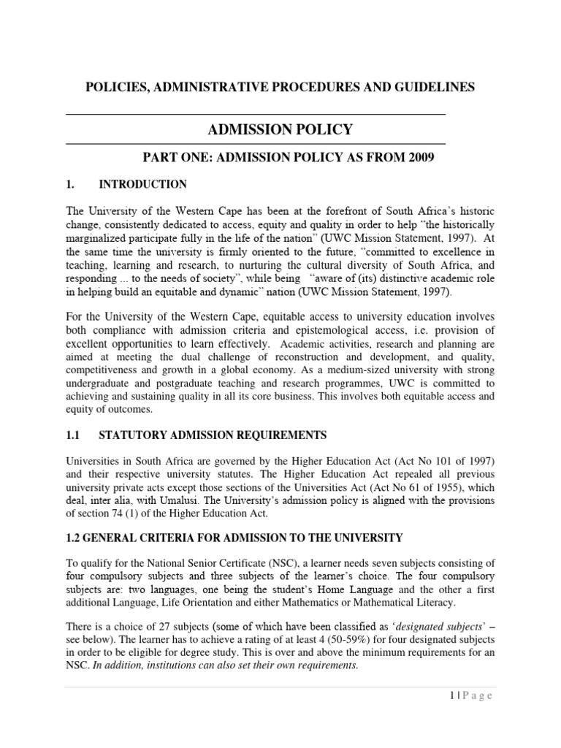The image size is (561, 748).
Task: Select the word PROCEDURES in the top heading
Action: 304,87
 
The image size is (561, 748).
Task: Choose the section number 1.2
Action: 75,538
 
